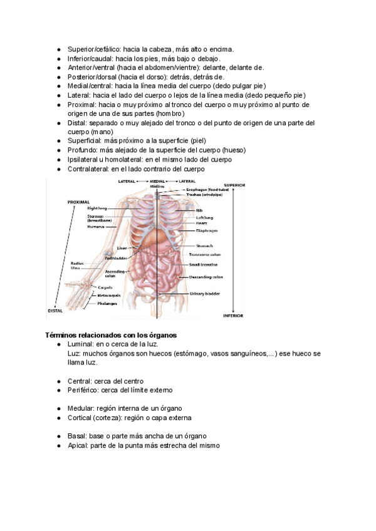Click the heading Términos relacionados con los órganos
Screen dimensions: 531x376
tap(110, 335)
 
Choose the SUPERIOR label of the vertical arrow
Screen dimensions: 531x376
tap(234, 186)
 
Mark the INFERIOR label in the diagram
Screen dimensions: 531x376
tap(233, 316)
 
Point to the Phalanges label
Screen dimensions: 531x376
tap(107, 303)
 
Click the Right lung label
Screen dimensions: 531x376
tap(97, 208)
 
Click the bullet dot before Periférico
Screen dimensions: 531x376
tap(58, 390)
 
